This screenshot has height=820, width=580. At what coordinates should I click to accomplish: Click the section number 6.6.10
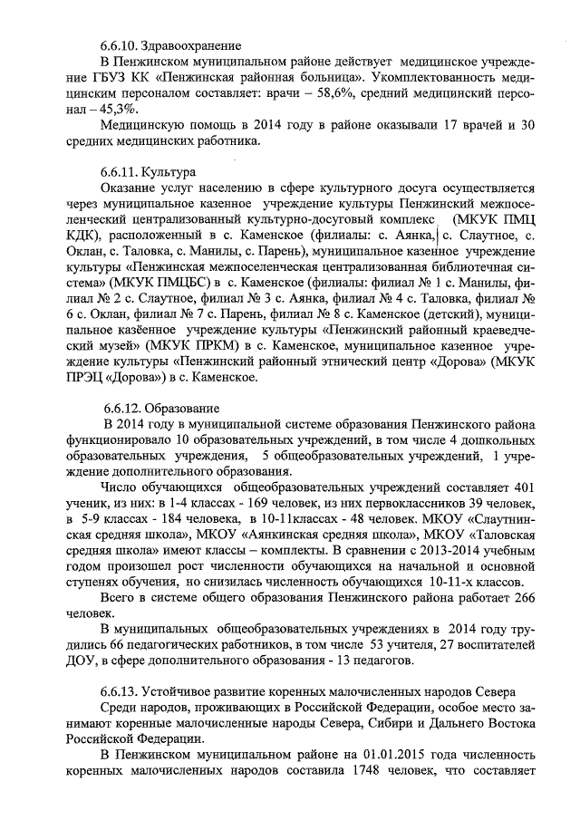pyautogui.click(x=120, y=44)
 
